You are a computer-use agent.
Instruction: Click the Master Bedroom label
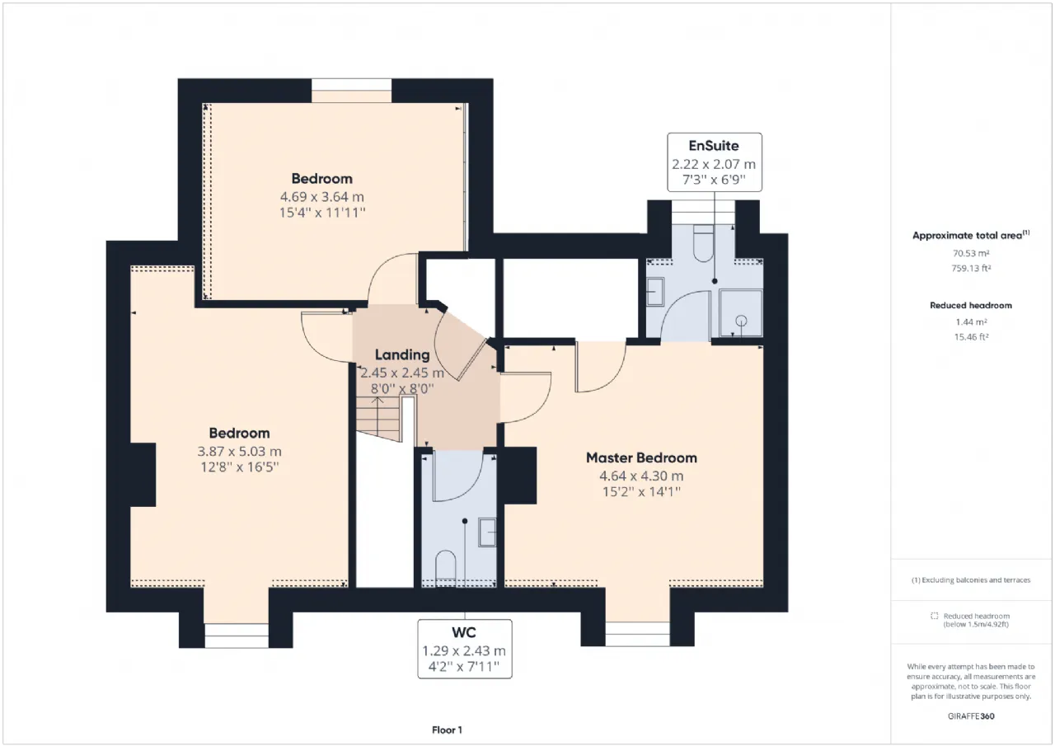pos(641,457)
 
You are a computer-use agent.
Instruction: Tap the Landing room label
pos(402,354)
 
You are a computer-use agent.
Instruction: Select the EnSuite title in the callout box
pos(714,146)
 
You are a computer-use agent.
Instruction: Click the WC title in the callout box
pos(464,632)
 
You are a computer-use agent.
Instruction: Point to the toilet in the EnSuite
pos(704,243)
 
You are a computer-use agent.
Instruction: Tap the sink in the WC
pos(487,533)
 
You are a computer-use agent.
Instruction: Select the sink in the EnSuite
pos(655,292)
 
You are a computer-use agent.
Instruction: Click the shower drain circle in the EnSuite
pos(741,321)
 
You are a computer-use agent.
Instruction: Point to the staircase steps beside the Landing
pos(378,418)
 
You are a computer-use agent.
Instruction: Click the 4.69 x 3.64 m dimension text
pos(322,197)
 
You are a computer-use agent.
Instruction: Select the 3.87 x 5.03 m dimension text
pos(239,452)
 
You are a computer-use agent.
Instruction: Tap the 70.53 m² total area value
pos(971,253)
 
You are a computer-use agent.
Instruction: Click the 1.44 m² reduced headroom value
pos(971,322)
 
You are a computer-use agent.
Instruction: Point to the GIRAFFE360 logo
pos(971,716)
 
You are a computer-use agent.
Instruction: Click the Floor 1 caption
pos(447,730)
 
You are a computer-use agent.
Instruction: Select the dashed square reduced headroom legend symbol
pos(935,616)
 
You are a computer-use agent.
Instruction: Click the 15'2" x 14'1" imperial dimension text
pos(641,492)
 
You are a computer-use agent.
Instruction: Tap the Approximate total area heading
pos(971,235)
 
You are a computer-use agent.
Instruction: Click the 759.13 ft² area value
pos(971,269)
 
